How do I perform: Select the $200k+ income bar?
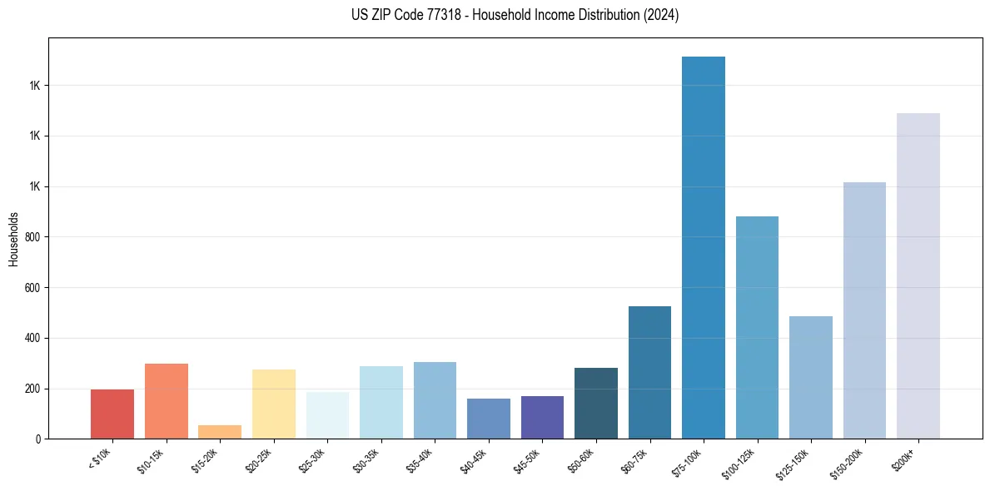point(918,275)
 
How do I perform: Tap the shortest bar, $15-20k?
point(220,432)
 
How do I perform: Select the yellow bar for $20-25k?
point(274,404)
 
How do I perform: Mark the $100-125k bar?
point(757,327)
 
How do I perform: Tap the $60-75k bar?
point(649,372)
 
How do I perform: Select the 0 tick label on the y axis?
point(37,439)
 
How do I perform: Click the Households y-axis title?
point(13,239)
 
